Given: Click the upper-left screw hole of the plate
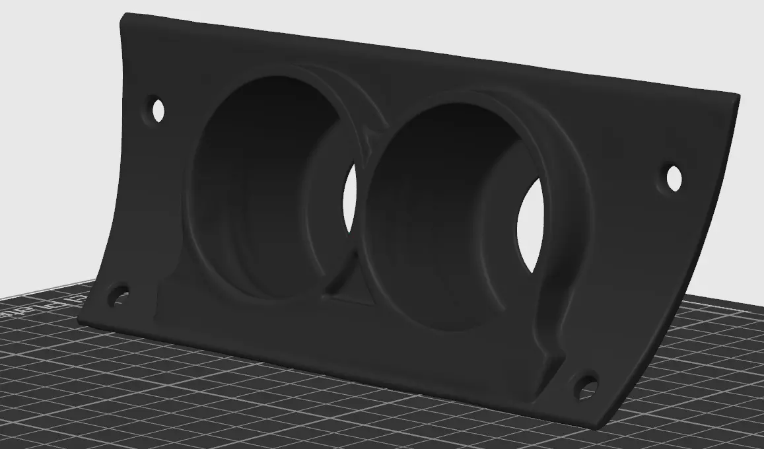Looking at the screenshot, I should (158, 110).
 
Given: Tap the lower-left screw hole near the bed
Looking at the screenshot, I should (119, 294).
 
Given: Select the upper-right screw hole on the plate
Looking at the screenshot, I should (674, 178).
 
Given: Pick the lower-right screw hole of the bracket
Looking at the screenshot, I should (586, 386).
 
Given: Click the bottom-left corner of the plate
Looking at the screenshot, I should (79, 322).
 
